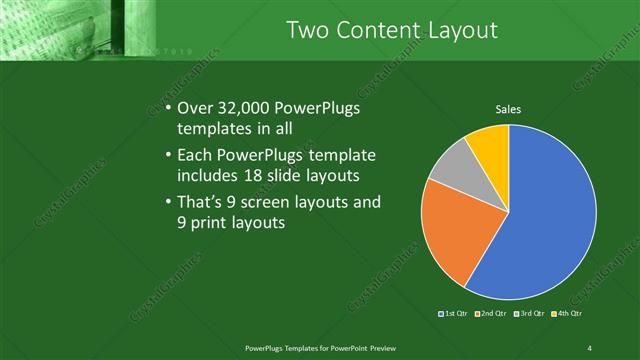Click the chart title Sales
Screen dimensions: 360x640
pos(508,109)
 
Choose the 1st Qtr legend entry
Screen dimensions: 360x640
pos(454,313)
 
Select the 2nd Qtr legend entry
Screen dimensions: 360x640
pos(490,313)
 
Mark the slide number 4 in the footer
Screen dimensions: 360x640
pos(590,347)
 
